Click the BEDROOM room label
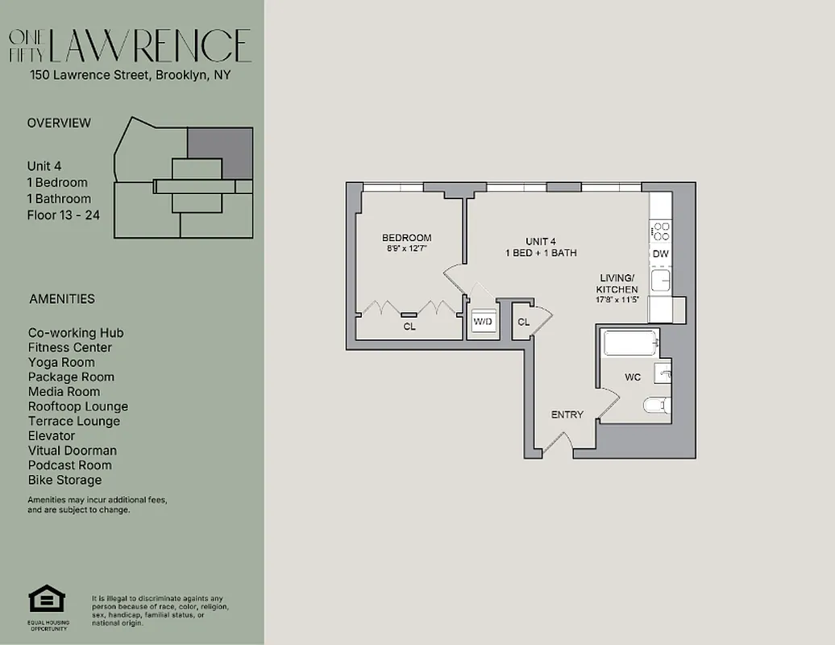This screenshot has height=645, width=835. point(406,238)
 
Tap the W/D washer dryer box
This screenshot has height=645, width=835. point(482,322)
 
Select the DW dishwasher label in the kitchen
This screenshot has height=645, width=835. point(660,254)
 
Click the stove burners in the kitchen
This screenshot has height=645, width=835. point(660,231)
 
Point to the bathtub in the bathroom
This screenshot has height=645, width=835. point(629,345)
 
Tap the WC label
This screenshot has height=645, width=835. point(633,377)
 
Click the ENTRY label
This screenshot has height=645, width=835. point(567,414)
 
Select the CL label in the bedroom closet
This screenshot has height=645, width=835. point(409,327)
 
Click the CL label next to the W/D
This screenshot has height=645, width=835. point(523,322)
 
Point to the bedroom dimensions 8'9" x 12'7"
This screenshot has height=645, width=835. point(406,249)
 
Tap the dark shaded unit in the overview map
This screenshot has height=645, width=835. point(220,152)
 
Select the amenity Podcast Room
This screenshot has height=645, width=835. point(70,465)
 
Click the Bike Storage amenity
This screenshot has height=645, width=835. point(64,480)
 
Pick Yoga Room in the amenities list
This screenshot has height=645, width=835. point(61,362)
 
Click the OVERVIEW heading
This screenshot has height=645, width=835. point(59,123)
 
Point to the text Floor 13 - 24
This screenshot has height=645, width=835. point(64,215)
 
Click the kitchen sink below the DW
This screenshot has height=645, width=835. point(660,280)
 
